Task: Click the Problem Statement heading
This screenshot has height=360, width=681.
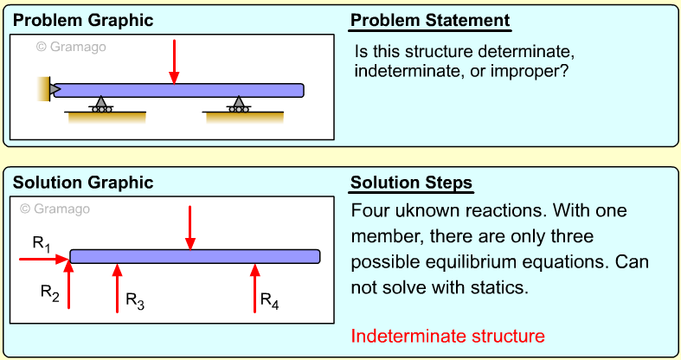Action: click(x=430, y=20)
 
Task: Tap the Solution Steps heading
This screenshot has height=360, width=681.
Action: click(x=411, y=183)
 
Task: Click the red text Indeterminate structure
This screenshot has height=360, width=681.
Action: click(x=448, y=336)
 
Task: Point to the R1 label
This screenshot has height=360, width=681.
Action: click(x=41, y=244)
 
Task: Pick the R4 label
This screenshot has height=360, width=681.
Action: click(x=270, y=300)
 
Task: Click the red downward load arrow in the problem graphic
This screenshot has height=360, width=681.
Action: click(x=175, y=61)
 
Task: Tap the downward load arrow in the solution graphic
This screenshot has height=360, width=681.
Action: click(x=190, y=227)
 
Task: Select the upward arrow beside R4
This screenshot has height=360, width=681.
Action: click(x=254, y=287)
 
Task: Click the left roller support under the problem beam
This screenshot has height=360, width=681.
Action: click(x=101, y=105)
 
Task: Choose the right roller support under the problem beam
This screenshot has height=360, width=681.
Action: click(x=236, y=105)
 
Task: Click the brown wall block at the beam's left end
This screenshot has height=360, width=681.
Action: click(x=43, y=88)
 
